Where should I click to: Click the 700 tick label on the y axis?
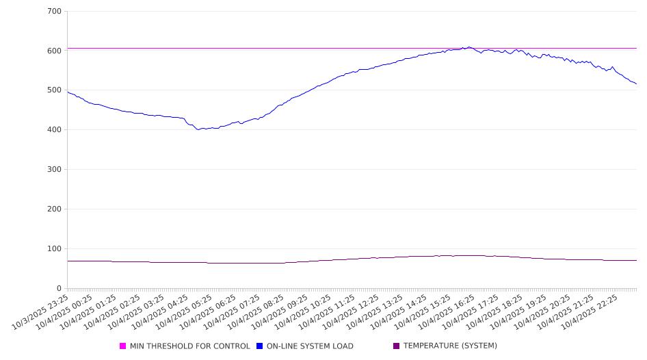55,12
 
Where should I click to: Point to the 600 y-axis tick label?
55,51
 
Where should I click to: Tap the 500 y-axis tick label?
55,90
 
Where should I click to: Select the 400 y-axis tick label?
55,130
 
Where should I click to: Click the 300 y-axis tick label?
55,170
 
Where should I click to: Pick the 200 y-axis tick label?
55,209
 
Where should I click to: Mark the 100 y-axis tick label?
55,249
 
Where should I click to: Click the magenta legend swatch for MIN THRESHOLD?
123,346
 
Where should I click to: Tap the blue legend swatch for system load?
260,346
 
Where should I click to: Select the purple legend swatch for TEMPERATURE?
397,346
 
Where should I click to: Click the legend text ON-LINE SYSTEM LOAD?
310,346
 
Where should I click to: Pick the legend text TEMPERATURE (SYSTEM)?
450,346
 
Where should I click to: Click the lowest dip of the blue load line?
199,129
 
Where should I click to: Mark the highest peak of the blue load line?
469,47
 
